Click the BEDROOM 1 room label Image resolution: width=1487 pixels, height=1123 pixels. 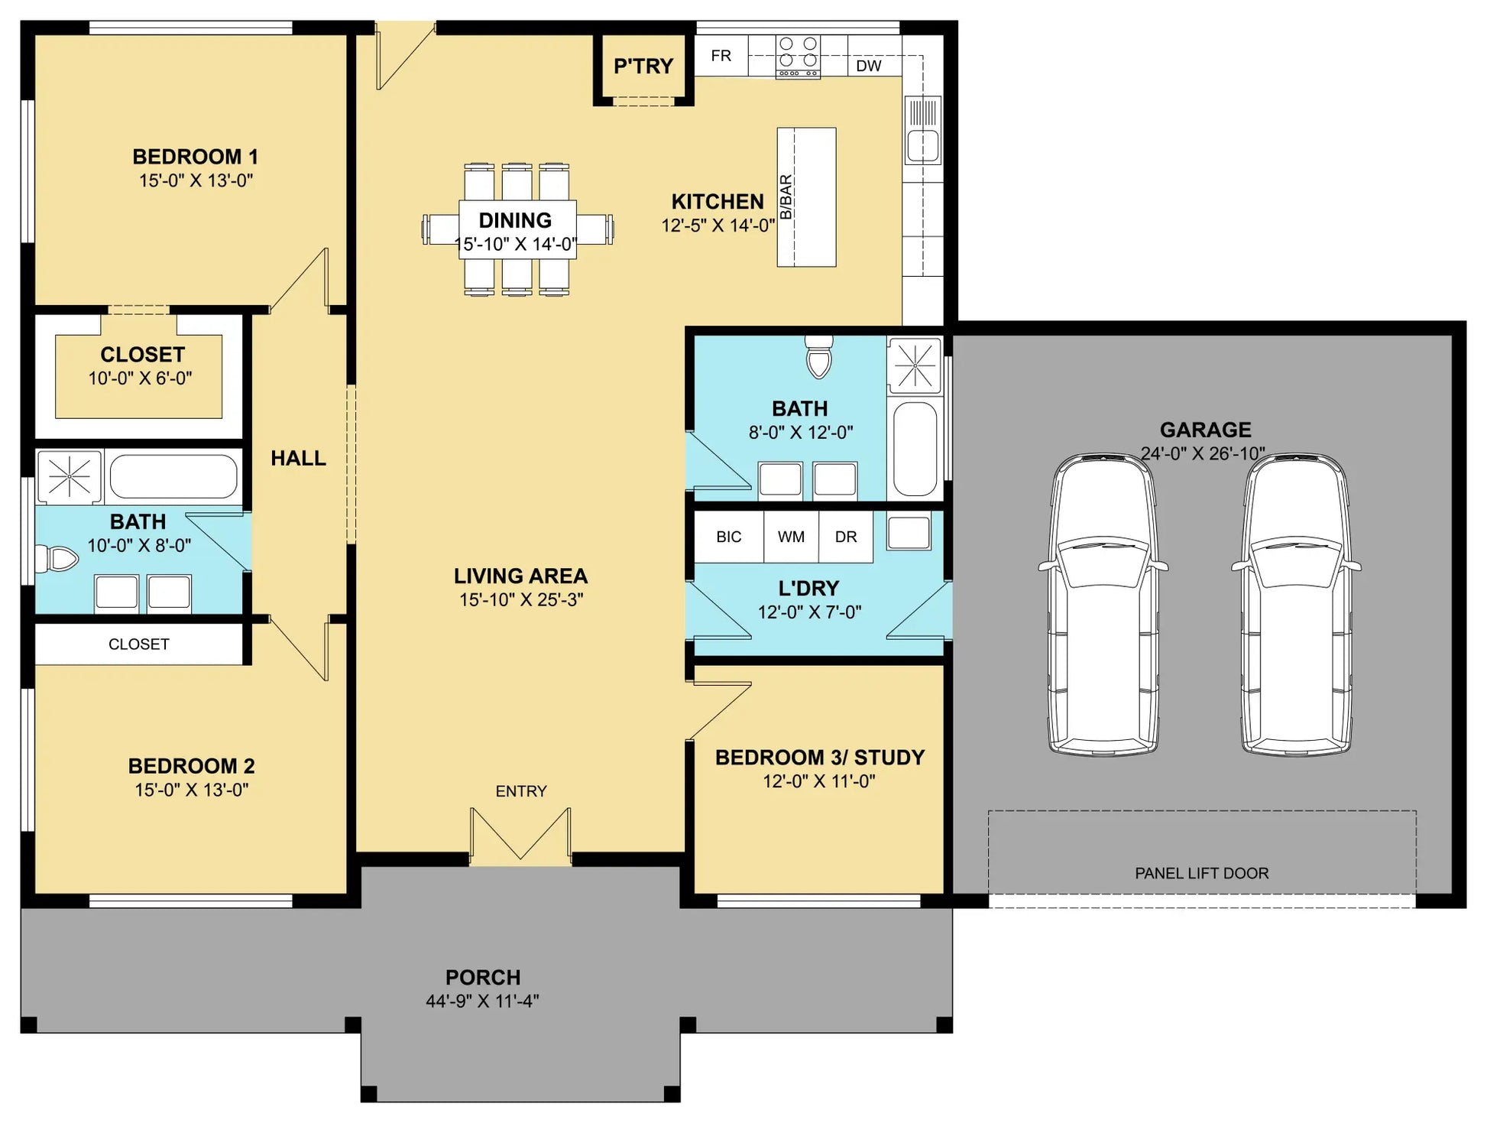click(195, 157)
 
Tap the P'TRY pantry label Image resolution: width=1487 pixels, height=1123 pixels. click(643, 67)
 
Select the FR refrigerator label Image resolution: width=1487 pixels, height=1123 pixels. click(721, 56)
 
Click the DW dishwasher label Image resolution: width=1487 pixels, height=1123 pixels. click(869, 66)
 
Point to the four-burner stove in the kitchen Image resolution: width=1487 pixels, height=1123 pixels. click(798, 56)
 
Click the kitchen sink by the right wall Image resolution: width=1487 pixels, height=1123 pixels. click(923, 131)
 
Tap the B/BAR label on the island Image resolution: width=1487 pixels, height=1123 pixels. click(786, 197)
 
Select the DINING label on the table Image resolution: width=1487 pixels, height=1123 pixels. click(515, 220)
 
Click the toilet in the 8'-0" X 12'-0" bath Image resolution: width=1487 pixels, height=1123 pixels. click(819, 357)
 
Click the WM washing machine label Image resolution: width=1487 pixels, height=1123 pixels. click(791, 537)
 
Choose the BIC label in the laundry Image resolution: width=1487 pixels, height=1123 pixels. click(729, 537)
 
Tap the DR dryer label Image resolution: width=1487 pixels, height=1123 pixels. click(846, 537)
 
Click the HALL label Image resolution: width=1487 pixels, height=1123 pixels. click(298, 458)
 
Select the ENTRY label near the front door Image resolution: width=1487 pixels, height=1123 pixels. click(521, 791)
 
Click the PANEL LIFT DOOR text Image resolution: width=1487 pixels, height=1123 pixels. click(1201, 873)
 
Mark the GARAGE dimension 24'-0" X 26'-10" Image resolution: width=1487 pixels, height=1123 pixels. click(1203, 453)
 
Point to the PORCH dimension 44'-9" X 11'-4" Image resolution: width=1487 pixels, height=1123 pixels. click(482, 1001)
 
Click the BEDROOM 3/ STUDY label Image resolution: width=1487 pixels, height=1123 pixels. click(820, 758)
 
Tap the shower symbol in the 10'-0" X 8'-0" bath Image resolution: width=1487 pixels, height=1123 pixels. click(69, 476)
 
